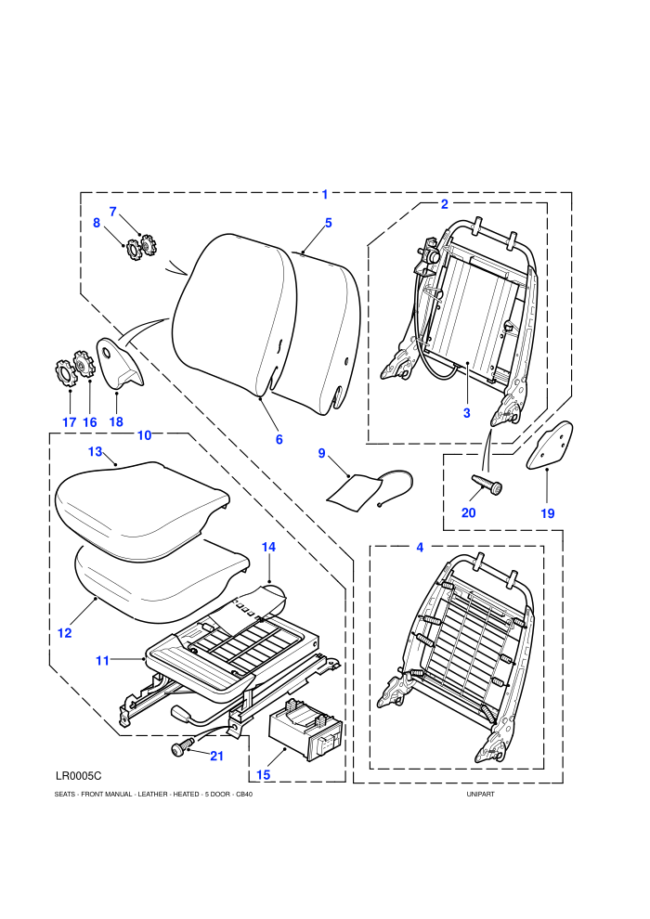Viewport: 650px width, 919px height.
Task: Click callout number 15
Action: tap(263, 774)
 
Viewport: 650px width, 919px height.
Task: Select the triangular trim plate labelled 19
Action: tap(550, 445)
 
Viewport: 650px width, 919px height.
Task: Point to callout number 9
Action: tap(322, 453)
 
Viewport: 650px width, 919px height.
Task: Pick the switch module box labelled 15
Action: tap(305, 729)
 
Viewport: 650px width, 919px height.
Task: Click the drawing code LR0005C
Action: tap(79, 776)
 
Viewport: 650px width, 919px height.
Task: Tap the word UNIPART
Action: tap(481, 795)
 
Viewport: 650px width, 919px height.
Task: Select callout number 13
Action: tap(95, 452)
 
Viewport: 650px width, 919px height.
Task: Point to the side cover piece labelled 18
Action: tap(120, 363)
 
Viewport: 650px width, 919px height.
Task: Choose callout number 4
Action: tap(420, 548)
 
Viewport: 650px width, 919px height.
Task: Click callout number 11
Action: tap(102, 661)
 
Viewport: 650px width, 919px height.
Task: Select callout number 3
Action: tap(466, 412)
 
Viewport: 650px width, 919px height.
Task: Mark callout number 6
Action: tap(279, 439)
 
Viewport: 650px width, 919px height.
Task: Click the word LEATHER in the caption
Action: tap(152, 795)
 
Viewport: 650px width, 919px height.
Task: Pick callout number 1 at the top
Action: tap(325, 195)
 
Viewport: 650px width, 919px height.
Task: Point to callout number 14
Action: tap(268, 547)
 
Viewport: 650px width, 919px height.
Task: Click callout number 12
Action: tap(64, 633)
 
